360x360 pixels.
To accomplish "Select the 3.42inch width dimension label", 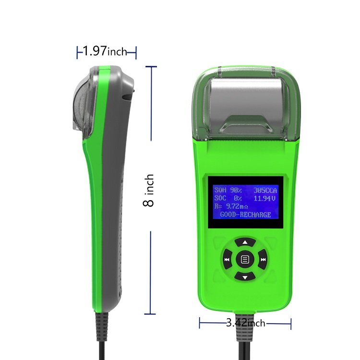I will coord(245,323).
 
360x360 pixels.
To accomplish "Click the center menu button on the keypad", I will coord(245,260).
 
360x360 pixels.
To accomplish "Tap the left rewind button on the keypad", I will coord(227,260).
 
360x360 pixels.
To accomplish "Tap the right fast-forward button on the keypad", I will coord(263,260).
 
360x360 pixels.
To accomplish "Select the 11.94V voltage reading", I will coord(265,198).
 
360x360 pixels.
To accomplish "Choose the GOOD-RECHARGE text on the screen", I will coord(245,214).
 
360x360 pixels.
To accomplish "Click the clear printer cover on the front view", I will coord(245,103).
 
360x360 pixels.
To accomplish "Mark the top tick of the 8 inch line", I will coord(151,67).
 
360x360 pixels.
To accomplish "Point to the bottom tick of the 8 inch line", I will coord(151,314).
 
